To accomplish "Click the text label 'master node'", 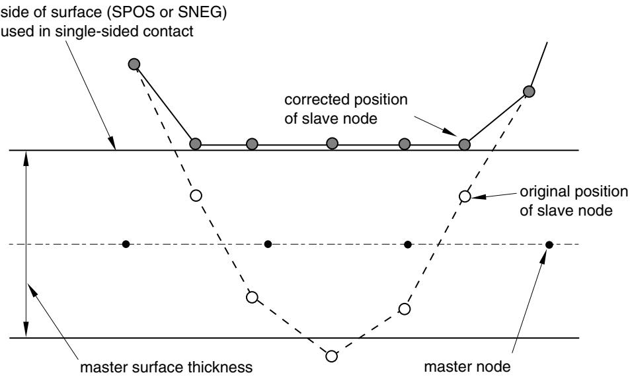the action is coord(467,366).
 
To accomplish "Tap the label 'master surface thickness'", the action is coord(167,367).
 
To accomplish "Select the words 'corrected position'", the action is coord(346,100).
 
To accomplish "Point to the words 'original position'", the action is coord(574,192).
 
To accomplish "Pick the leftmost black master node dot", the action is coord(126,244).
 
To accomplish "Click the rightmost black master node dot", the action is coord(549,244).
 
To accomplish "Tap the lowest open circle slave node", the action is coord(331,356).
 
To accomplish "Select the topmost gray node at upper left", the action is coord(134,64).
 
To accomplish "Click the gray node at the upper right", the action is coord(530,92).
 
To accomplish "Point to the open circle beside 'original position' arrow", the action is coord(465,196).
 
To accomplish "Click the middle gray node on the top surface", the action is coord(332,143).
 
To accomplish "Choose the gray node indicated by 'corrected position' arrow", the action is coord(465,144).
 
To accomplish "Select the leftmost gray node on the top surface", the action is coord(195,144).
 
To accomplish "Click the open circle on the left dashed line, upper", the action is coord(196,196).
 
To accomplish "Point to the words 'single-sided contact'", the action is coord(124,31).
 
